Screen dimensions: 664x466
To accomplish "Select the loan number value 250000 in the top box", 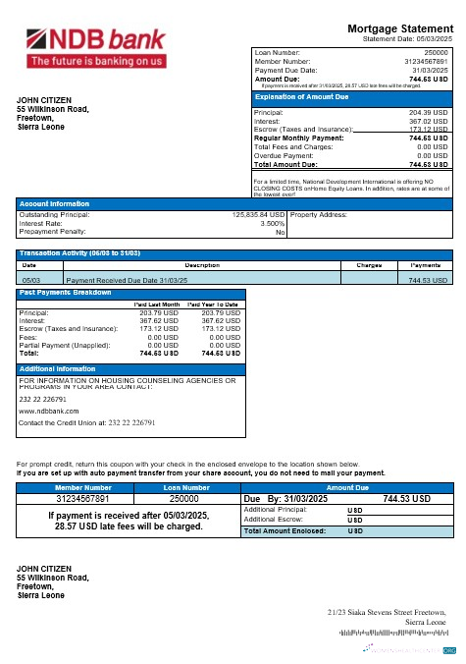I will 433,51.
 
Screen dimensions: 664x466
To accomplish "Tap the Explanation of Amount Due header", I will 301,97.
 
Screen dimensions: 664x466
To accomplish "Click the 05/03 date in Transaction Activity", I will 29,279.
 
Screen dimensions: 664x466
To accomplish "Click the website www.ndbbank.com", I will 44,412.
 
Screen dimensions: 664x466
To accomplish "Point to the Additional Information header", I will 57,368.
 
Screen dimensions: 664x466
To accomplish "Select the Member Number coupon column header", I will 83,487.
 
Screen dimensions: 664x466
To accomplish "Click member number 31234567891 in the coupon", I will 83,498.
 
